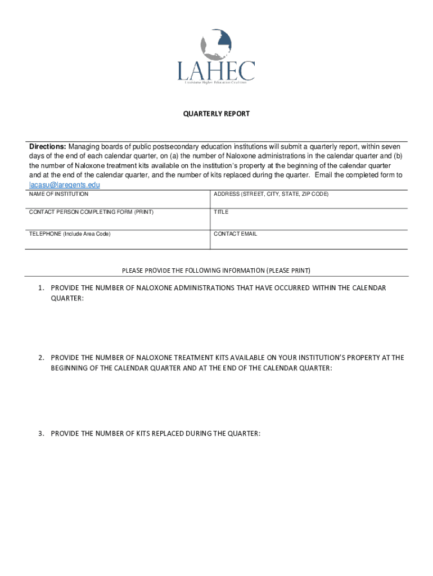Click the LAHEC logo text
click(216, 70)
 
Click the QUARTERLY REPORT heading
click(216, 114)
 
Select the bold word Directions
click(48, 146)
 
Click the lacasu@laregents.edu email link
click(65, 184)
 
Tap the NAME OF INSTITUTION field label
click(58, 194)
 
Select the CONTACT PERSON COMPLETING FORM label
click(91, 212)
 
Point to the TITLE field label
click(221, 212)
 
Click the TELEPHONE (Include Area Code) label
click(70, 233)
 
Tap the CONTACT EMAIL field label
click(235, 233)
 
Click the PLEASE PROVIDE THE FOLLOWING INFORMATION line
click(216, 271)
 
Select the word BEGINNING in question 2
click(71, 368)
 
